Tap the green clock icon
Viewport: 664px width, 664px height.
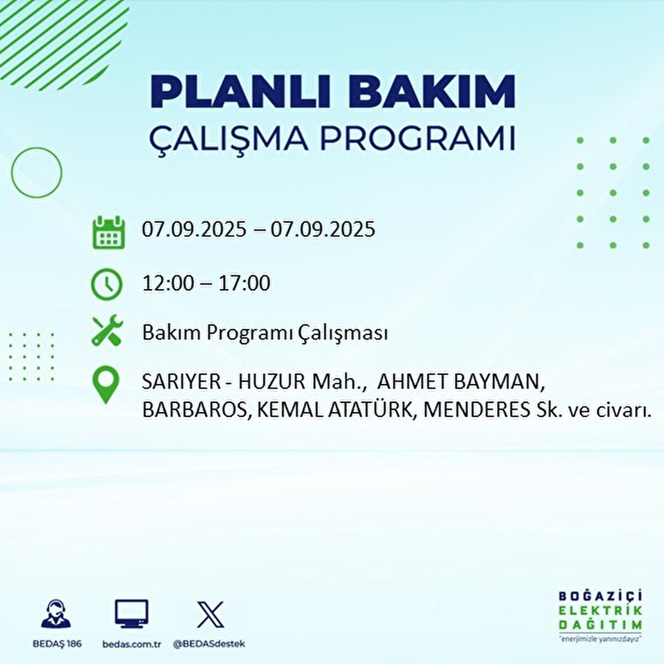(106, 284)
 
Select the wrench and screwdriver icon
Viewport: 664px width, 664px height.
(106, 331)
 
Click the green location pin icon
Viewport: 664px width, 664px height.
(106, 386)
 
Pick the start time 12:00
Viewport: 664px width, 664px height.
(168, 283)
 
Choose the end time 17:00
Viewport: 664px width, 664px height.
(244, 283)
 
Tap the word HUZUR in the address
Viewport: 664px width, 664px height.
(266, 383)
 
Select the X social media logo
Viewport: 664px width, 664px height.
(210, 614)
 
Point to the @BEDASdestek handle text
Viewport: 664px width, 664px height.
(209, 644)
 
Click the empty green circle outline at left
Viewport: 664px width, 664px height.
(37, 173)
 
